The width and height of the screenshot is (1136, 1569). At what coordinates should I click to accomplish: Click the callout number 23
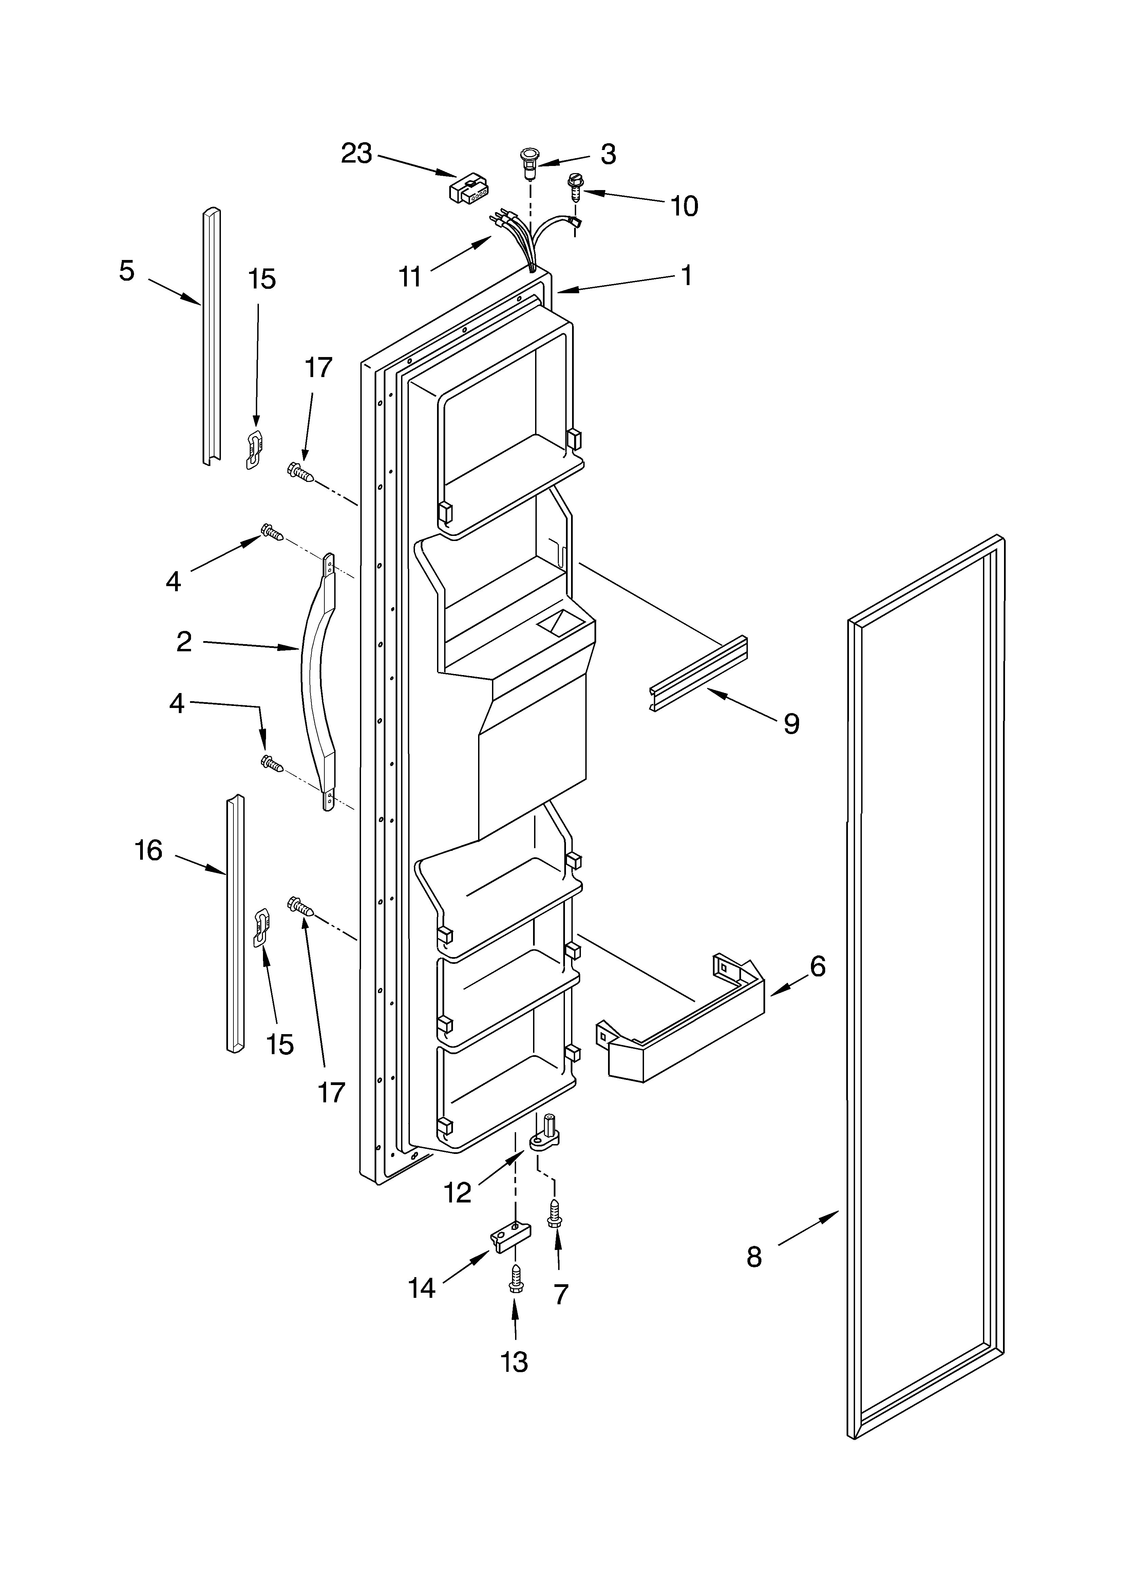tap(356, 153)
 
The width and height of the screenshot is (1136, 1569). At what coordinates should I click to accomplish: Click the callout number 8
tap(754, 1256)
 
